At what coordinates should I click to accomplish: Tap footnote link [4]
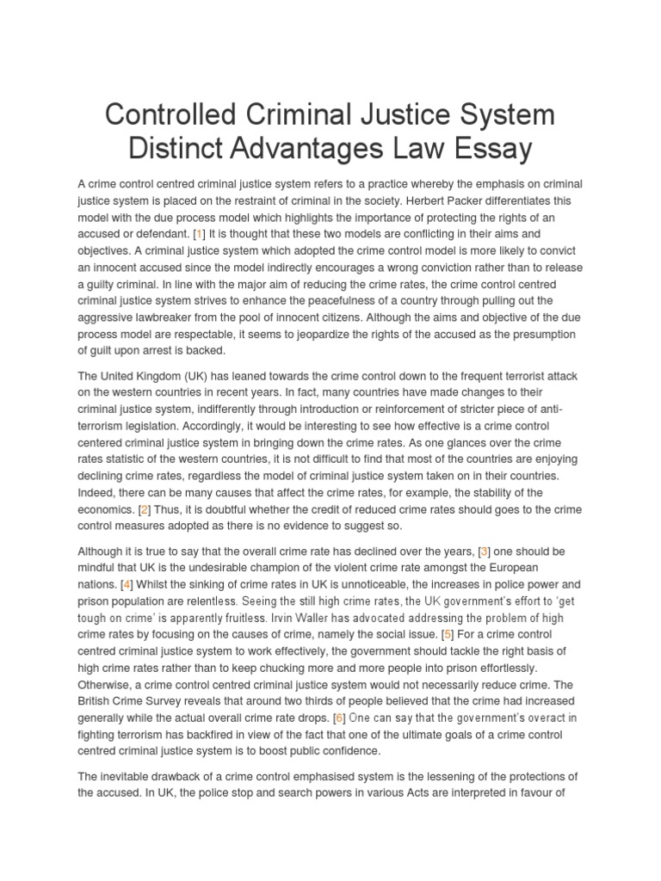127,584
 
